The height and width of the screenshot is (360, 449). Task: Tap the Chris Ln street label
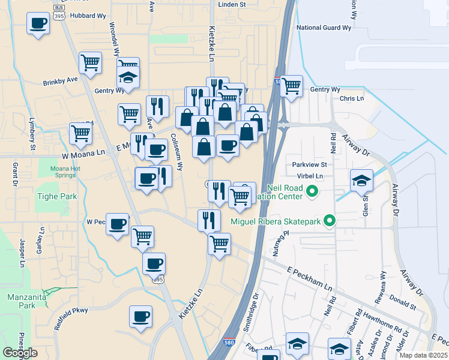click(352, 98)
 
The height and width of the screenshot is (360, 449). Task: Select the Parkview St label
click(309, 164)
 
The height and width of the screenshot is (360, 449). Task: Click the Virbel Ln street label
click(310, 176)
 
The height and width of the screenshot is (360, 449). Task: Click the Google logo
click(20, 353)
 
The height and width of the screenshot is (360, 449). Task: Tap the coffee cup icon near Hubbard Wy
click(38, 24)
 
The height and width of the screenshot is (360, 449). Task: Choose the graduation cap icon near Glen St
click(361, 179)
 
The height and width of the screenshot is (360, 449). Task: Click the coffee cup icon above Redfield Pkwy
click(140, 316)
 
